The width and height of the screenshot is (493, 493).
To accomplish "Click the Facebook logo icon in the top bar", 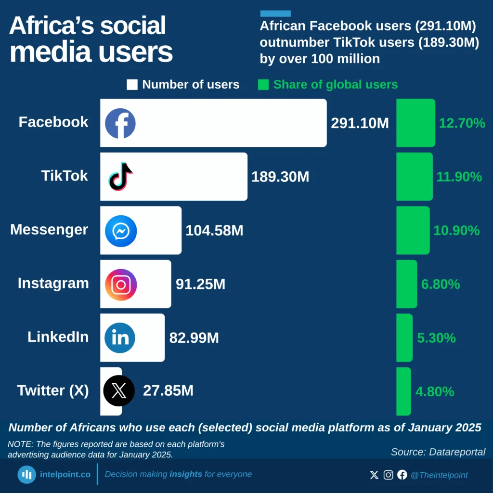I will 120,123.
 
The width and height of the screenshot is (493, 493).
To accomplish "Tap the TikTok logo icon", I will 120,177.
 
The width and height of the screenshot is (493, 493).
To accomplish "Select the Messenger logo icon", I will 121,231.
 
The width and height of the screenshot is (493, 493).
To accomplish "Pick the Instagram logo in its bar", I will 121,285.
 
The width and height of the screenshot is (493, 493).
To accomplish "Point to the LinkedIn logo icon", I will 120,338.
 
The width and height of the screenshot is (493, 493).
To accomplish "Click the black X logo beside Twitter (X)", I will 119,391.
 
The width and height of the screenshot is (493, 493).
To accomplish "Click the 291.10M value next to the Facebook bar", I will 360,123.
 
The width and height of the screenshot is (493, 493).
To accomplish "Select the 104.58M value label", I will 214,231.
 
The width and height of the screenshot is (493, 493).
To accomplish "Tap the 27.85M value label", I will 168,391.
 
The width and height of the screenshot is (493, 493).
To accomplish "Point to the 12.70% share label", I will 462,123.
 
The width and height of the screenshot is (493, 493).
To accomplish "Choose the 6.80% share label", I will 441,285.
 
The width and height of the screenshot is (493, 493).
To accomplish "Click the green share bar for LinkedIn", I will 404,338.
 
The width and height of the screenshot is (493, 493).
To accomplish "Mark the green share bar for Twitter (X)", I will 403,391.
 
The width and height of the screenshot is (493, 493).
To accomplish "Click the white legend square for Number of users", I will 132,85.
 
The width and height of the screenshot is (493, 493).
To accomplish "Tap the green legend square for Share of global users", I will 263,85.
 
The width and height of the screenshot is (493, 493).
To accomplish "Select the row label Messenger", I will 49,230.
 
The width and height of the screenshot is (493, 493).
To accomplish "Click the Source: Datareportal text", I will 438,452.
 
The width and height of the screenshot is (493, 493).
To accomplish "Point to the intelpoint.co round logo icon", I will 27,475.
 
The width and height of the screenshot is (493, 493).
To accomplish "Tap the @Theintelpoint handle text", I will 439,475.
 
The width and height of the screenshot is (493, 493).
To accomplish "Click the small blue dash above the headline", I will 275,13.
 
